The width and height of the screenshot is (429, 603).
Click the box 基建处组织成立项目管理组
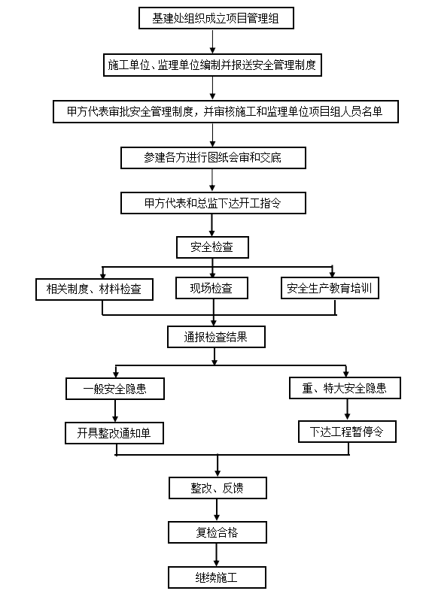tap(216, 18)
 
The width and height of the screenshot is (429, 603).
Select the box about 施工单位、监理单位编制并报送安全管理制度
tap(212, 65)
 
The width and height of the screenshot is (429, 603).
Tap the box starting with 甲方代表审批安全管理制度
tap(226, 112)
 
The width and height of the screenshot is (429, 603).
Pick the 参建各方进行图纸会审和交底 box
tap(213, 158)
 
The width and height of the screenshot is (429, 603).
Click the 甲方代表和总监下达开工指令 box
tap(213, 203)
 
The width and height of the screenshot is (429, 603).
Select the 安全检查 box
tap(212, 247)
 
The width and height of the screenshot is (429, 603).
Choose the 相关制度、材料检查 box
tap(94, 289)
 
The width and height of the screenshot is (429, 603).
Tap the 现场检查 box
tap(211, 288)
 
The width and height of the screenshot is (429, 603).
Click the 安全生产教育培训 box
tap(330, 288)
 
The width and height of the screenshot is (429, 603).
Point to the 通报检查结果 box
tap(217, 337)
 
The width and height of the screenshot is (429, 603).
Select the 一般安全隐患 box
tap(115, 389)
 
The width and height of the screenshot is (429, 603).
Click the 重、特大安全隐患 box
tap(345, 388)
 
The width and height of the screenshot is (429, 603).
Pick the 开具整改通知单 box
tap(114, 433)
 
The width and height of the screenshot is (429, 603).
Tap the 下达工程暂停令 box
tap(348, 432)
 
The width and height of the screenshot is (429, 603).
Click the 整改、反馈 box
tap(218, 488)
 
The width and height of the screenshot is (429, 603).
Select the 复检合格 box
tap(218, 532)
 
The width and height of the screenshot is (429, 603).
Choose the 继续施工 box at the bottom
tap(218, 577)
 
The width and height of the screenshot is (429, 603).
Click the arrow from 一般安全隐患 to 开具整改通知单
tap(115, 411)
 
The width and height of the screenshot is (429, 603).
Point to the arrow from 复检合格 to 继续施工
tap(217, 555)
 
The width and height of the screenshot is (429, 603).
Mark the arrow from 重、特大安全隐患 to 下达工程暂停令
tap(348, 410)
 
